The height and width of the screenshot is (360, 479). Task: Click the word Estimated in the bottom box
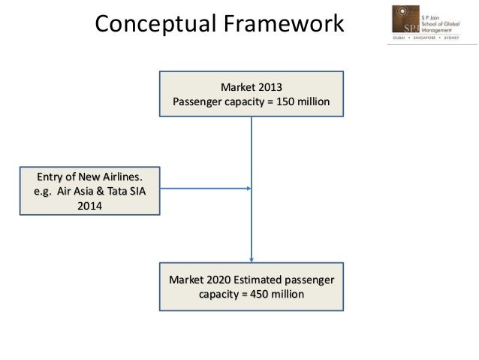tap(264, 280)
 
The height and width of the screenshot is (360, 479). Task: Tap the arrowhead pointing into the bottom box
tap(252, 259)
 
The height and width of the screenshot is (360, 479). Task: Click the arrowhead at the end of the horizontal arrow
tap(248, 188)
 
